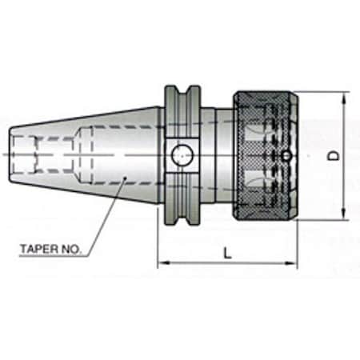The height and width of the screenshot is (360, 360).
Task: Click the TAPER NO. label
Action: pyautogui.click(x=50, y=249)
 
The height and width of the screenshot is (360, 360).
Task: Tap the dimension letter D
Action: pyautogui.click(x=335, y=156)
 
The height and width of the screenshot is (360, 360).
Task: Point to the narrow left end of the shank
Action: pyautogui.click(x=14, y=153)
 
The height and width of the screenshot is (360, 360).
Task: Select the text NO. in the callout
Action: pyautogui.click(x=71, y=249)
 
